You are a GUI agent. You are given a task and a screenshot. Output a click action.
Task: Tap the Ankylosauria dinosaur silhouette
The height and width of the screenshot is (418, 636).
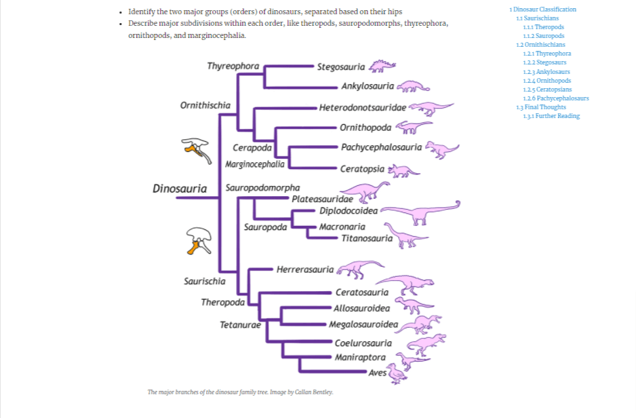pyautogui.click(x=414, y=87)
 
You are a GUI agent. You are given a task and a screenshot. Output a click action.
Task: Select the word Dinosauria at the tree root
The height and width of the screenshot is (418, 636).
pyautogui.click(x=180, y=189)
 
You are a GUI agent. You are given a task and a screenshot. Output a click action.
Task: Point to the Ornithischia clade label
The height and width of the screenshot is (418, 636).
pyautogui.click(x=205, y=105)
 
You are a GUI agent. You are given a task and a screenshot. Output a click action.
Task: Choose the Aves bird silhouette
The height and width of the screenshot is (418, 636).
pyautogui.click(x=397, y=373)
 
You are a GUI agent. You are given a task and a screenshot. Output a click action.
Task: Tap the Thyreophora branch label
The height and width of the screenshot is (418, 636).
pyautogui.click(x=233, y=66)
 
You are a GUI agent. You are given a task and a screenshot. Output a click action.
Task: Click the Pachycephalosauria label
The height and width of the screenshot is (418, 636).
pyautogui.click(x=381, y=147)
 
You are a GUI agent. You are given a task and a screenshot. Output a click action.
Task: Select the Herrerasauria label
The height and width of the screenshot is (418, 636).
pyautogui.click(x=305, y=269)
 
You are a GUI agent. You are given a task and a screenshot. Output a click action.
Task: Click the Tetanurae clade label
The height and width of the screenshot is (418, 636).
pyautogui.click(x=240, y=325)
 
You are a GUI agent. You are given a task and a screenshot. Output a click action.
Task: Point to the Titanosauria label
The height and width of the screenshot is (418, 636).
pyautogui.click(x=367, y=238)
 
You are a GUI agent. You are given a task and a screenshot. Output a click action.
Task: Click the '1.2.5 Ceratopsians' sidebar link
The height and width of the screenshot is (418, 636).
pyautogui.click(x=547, y=90)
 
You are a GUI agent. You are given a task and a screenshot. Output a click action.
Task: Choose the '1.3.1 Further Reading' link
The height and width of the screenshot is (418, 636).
pyautogui.click(x=551, y=116)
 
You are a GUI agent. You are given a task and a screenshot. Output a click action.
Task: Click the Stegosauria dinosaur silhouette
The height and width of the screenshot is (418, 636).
pyautogui.click(x=382, y=66)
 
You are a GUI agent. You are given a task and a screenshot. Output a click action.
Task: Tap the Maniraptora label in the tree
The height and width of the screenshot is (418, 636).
pyautogui.click(x=360, y=358)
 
